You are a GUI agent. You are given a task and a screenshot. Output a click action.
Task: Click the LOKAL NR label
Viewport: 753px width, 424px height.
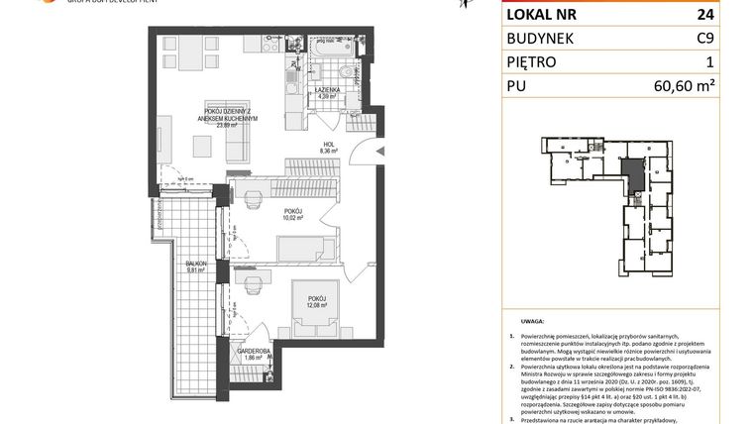click(x=543, y=14)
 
